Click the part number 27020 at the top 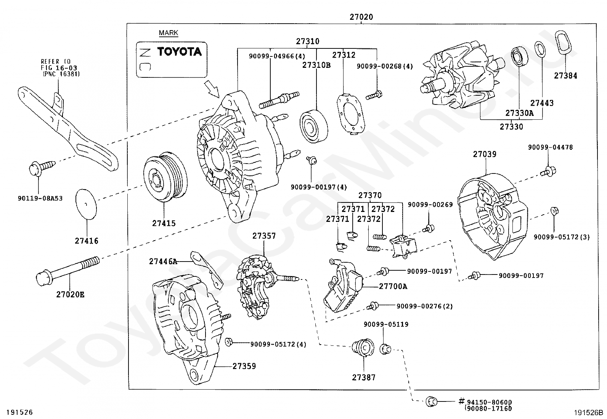[x=361, y=17]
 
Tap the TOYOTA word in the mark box [x=179, y=51]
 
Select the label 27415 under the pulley [x=164, y=223]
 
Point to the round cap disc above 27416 [x=86, y=204]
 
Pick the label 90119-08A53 [x=40, y=198]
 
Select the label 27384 [x=565, y=75]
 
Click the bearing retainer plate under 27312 [x=351, y=114]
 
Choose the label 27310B [x=316, y=65]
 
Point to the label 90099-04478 [x=550, y=148]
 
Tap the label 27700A [x=393, y=286]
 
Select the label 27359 [x=244, y=366]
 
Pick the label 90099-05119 [x=386, y=324]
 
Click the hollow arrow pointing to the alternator [x=212, y=89]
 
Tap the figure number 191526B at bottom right [x=588, y=413]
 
